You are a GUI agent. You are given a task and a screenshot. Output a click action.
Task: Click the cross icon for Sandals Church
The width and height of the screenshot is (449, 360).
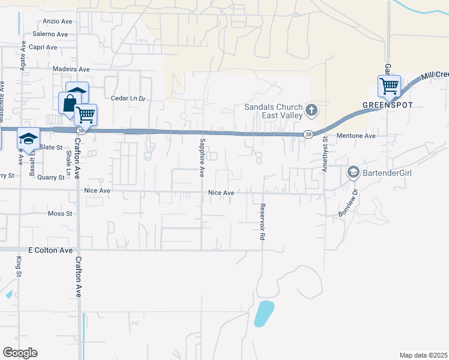pos(311,110)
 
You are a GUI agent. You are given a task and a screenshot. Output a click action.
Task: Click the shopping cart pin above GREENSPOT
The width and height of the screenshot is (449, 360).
pos(389,86)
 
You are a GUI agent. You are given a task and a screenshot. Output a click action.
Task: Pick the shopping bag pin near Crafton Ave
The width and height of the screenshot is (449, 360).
pos(70,103)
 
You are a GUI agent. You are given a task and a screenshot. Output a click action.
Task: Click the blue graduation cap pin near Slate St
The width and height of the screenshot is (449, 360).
pos(28,139)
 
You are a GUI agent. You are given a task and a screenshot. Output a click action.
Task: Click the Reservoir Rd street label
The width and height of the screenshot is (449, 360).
pos(262,222)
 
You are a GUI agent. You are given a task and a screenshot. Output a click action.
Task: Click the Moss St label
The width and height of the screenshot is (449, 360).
pos(59,214)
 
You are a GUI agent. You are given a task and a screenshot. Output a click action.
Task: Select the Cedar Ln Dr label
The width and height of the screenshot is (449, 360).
pos(128,98)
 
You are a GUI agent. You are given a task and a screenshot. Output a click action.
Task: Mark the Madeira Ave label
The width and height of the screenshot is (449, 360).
pos(71,69)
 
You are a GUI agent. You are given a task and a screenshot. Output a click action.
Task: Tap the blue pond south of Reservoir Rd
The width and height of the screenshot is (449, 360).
pos(264,314)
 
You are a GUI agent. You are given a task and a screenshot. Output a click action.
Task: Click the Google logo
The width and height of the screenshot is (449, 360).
pos(20,353)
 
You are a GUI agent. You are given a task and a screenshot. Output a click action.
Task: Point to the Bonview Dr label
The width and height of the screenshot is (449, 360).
pos(348,203)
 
